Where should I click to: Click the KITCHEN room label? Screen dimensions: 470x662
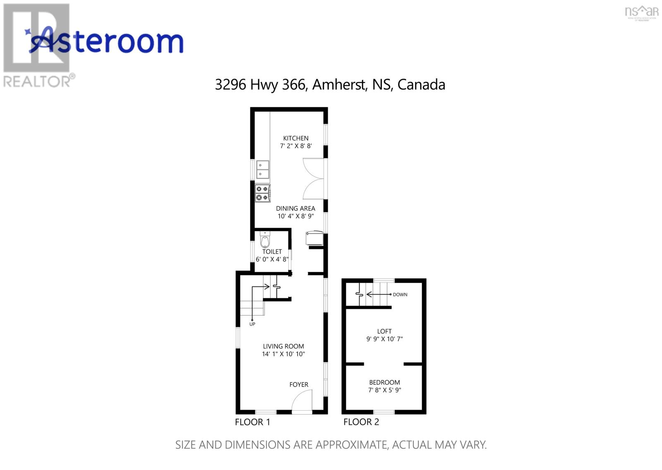295,138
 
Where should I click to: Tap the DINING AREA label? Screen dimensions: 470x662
295,208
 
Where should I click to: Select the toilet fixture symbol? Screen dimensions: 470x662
265,240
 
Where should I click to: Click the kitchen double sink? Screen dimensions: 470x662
262,170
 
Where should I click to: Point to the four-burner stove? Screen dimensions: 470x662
262,193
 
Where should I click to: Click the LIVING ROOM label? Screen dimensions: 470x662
283,346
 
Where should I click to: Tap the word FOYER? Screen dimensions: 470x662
299,384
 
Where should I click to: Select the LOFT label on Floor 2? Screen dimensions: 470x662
384,331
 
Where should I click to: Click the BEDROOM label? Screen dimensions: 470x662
384,382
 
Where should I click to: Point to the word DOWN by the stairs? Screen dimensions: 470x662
400,294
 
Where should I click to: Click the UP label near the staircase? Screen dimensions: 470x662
252,324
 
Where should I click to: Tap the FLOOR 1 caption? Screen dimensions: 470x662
252,422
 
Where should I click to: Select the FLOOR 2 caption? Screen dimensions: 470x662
361,422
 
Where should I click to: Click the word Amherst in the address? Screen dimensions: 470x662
339,84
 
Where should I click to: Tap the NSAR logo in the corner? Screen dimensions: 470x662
641,12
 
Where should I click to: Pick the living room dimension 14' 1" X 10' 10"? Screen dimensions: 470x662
283,354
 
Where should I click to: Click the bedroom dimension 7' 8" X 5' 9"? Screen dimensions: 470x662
385,390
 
